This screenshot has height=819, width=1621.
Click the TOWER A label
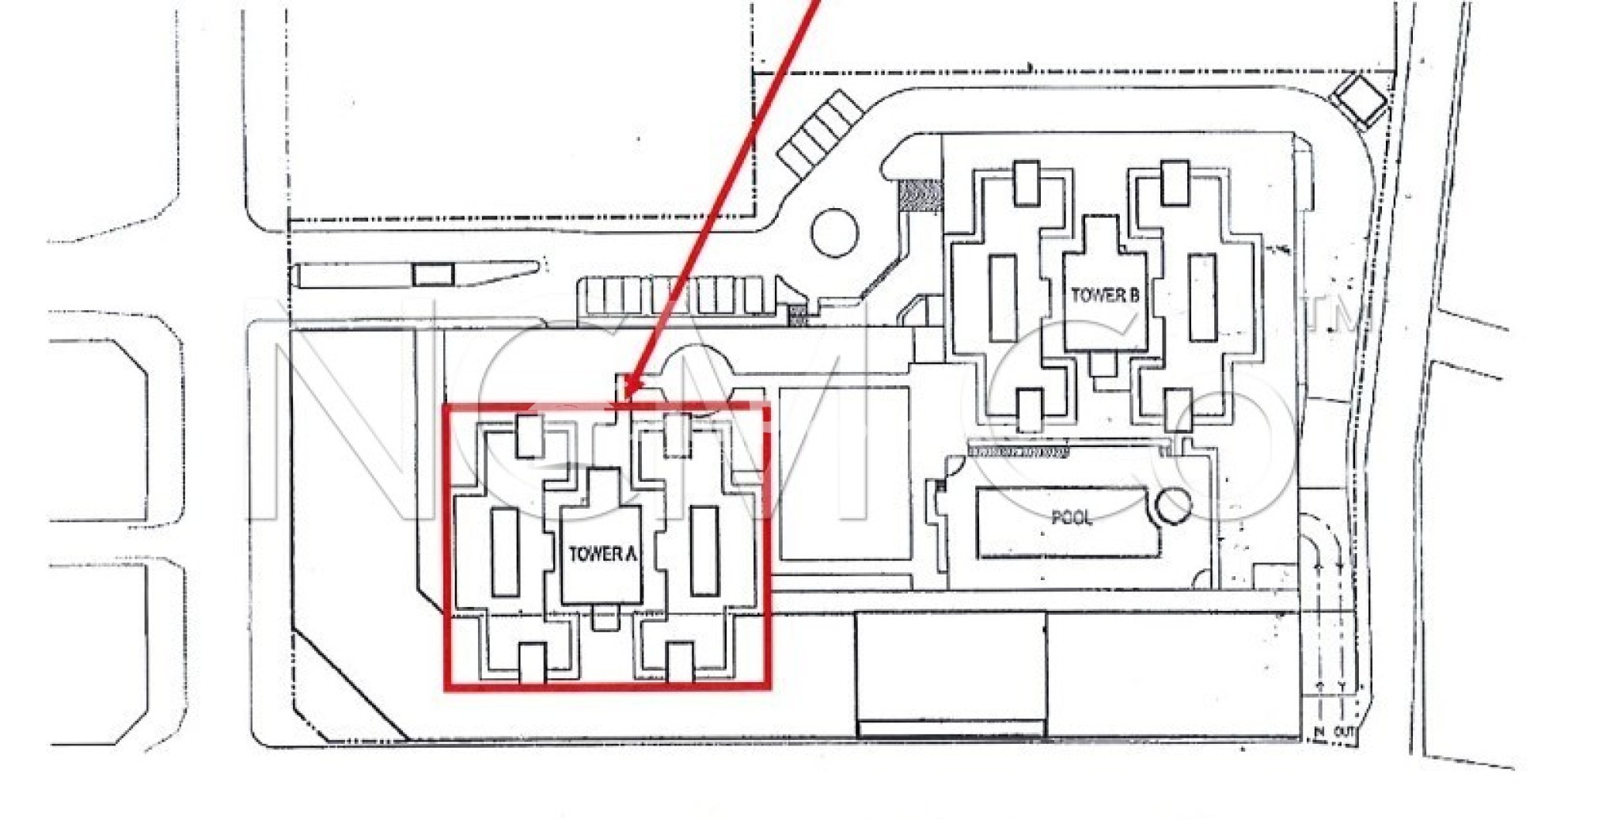(602, 554)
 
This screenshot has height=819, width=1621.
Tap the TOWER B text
(1105, 295)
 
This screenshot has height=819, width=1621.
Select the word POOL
(1072, 518)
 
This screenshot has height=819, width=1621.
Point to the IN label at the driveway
(1319, 732)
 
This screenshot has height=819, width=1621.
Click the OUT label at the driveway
(1344, 732)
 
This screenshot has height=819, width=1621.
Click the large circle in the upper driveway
(835, 232)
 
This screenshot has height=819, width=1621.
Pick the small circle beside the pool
(1172, 506)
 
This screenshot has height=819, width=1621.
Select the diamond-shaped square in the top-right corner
(1359, 100)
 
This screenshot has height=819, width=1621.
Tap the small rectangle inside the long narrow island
(433, 275)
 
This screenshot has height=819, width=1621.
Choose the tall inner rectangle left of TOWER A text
(505, 552)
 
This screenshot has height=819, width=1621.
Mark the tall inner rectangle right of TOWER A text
(704, 551)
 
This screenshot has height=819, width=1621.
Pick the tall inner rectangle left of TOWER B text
(1003, 298)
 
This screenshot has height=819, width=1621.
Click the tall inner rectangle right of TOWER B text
(1202, 298)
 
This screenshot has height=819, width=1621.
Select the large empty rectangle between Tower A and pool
(845, 473)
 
